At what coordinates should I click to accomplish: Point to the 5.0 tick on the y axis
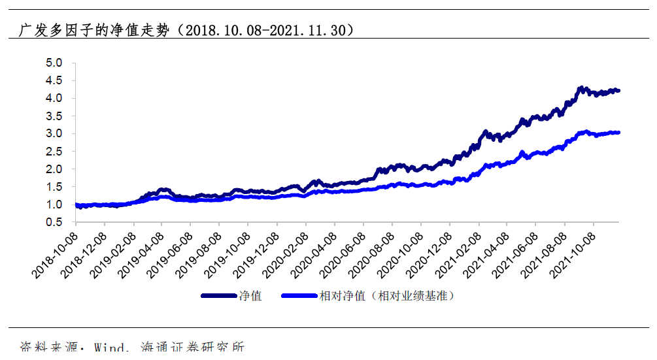pos(54,63)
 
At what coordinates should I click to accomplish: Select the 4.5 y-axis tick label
pos(54,80)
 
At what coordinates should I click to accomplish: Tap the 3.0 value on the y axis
pos(54,133)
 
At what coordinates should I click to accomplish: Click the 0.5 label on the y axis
pos(54,222)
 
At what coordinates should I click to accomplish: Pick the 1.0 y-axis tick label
pos(54,205)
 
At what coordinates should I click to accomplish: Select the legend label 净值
pos(251,296)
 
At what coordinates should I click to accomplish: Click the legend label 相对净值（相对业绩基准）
pos(386,296)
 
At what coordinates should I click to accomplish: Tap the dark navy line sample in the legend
pos(219,296)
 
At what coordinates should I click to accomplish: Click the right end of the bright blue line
pos(618,133)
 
